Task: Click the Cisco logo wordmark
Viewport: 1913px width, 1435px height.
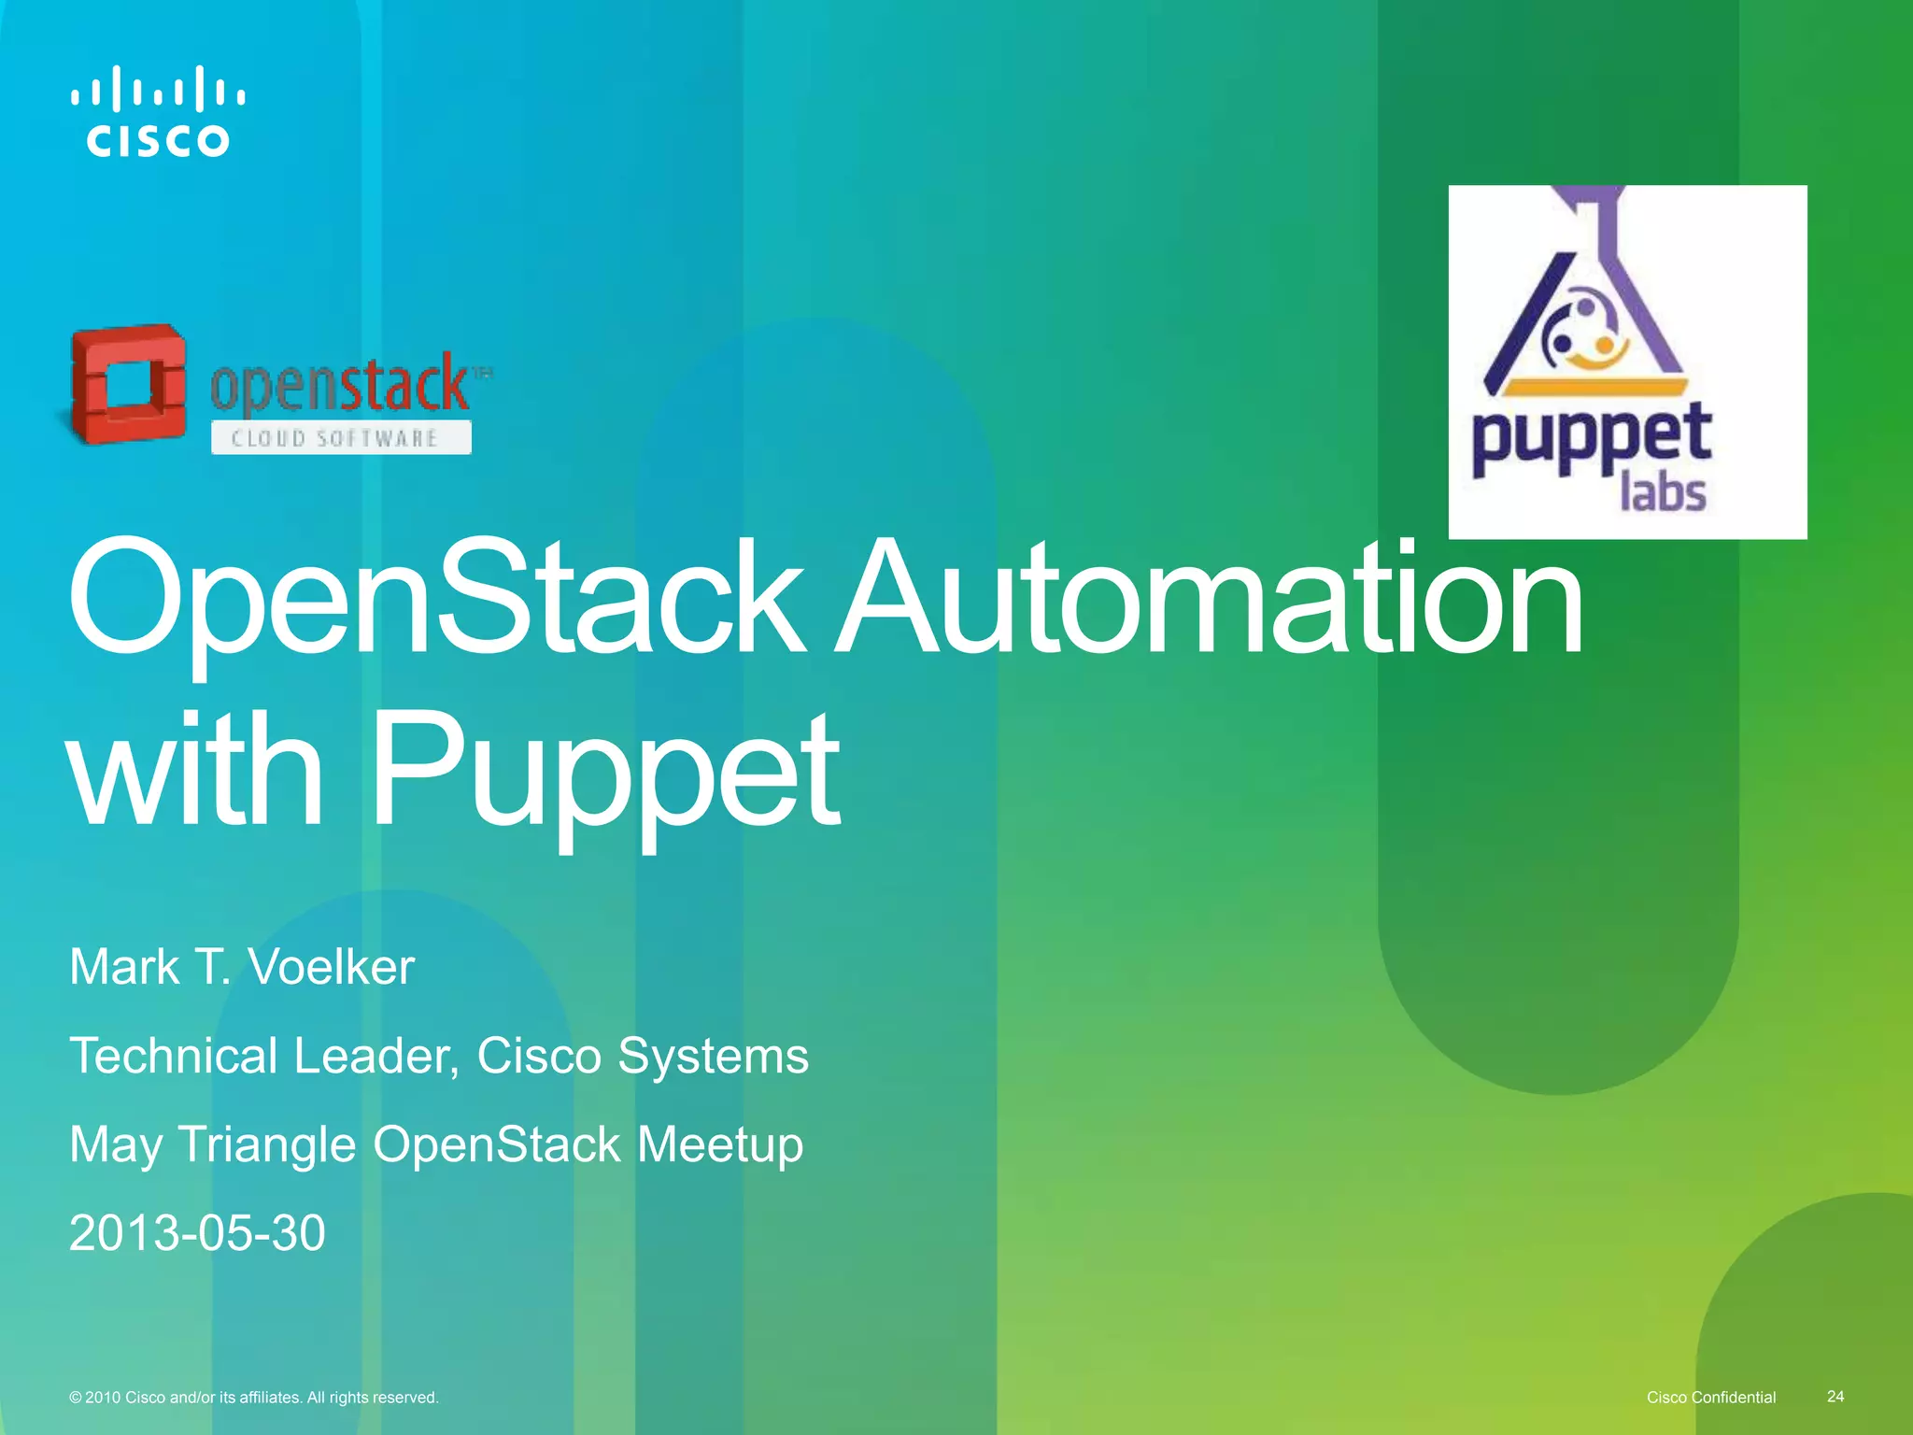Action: click(157, 140)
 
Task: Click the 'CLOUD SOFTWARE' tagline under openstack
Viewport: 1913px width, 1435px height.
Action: click(335, 438)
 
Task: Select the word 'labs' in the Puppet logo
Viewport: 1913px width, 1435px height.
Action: click(1663, 491)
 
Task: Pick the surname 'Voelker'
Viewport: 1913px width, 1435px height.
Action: click(331, 967)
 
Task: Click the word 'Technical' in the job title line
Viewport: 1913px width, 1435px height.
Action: click(174, 1056)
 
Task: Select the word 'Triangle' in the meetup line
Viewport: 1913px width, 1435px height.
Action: click(267, 1145)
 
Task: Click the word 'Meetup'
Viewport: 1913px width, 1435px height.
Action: click(720, 1145)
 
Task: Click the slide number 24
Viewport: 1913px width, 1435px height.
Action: click(1835, 1396)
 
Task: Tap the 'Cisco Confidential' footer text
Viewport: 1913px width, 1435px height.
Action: click(1711, 1397)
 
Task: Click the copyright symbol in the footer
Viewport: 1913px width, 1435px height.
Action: click(75, 1398)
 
